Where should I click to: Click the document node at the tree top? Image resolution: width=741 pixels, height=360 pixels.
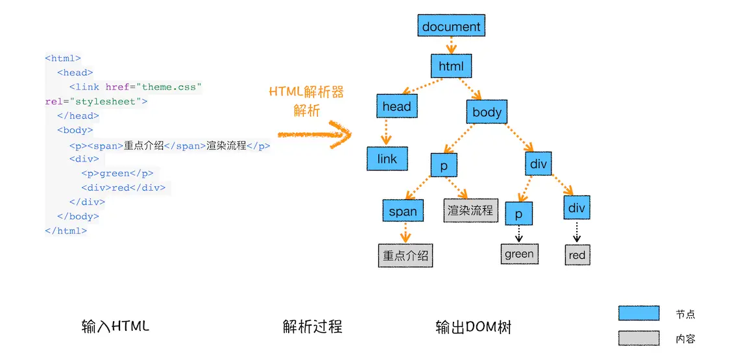point(451,27)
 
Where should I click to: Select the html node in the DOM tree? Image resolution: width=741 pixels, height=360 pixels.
point(451,66)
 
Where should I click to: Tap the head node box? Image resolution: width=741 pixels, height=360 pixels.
point(396,106)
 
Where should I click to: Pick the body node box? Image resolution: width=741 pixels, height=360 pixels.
point(487,112)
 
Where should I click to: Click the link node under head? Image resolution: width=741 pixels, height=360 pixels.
point(387,159)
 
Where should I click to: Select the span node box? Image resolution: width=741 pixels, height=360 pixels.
point(403,211)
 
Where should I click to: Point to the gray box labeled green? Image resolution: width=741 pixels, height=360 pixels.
point(519,254)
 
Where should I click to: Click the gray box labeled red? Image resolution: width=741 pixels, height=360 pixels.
point(577,255)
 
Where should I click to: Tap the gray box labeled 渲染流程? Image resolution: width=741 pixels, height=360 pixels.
point(470,210)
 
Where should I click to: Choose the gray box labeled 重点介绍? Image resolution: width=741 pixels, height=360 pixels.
point(406,256)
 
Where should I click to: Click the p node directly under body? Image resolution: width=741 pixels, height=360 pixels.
point(444,165)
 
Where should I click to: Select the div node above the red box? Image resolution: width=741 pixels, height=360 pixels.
point(576,208)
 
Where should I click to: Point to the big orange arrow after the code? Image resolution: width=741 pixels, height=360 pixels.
point(314,134)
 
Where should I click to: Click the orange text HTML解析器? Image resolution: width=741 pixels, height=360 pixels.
point(306,92)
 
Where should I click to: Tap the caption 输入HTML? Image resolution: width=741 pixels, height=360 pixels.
point(115,326)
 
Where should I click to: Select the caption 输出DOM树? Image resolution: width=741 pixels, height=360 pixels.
point(473,327)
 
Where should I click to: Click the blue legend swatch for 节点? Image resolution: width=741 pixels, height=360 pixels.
point(638,314)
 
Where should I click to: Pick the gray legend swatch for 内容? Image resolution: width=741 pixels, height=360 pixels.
point(638,338)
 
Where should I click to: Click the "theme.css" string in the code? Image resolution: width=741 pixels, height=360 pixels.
point(172,87)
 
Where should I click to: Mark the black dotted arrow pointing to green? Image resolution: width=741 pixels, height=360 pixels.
point(519,234)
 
